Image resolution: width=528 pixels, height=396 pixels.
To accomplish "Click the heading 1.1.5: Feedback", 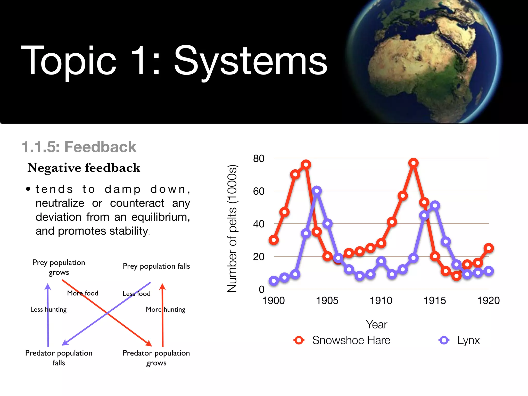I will (79, 147).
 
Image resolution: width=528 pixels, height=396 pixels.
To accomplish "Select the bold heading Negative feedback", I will (84, 168).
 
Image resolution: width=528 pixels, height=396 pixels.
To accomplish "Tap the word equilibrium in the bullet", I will (160, 217).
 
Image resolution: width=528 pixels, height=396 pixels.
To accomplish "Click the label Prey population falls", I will (156, 266).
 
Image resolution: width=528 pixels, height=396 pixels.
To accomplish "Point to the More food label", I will (82, 293).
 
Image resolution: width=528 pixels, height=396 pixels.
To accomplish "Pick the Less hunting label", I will (48, 309).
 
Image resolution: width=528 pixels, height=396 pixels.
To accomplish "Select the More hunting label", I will (166, 309).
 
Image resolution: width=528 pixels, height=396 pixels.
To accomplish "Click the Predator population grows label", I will (156, 358).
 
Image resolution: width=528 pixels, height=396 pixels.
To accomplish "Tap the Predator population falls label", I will (59, 358).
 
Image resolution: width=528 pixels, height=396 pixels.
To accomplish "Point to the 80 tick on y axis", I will (259, 159).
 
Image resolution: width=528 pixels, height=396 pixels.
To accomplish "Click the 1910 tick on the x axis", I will (381, 301).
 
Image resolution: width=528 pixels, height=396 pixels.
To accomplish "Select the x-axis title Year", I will (376, 325).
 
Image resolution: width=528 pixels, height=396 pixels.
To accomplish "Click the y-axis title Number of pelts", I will (232, 228).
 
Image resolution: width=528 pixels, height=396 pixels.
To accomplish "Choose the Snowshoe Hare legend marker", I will (299, 340).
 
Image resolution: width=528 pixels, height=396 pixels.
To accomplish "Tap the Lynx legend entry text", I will (468, 340).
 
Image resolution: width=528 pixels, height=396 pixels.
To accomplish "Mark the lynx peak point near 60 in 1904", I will (317, 191).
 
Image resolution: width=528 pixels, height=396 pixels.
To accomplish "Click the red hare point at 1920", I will (489, 248).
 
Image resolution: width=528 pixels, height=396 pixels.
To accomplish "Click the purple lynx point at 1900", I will (274, 281).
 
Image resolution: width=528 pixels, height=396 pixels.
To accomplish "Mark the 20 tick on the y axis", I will (259, 257).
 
